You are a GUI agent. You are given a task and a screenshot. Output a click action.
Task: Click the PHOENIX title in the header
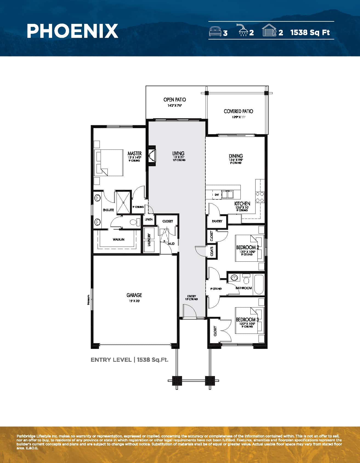click(72, 31)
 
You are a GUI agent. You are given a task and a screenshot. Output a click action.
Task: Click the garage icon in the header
click(269, 30)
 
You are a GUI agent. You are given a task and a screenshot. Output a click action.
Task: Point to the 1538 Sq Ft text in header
click(310, 32)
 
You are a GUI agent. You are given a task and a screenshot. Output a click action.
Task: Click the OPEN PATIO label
click(175, 100)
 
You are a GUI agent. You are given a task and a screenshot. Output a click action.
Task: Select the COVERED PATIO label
click(238, 111)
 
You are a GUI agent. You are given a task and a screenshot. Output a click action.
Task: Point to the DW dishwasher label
click(217, 195)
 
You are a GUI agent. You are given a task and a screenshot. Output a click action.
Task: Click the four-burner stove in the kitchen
click(260, 197)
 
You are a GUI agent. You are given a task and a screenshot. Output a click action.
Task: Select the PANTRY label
click(217, 221)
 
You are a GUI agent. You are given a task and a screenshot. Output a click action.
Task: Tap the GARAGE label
click(134, 295)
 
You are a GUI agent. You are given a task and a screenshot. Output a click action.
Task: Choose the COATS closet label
click(212, 251)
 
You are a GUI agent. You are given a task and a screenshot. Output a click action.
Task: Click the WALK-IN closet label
click(118, 239)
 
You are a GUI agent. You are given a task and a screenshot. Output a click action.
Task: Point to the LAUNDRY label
click(149, 239)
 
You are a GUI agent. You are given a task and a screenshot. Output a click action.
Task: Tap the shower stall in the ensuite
click(123, 202)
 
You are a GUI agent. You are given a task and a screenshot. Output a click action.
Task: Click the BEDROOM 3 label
click(247, 320)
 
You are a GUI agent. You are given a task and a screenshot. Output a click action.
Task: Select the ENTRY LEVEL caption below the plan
click(111, 360)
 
